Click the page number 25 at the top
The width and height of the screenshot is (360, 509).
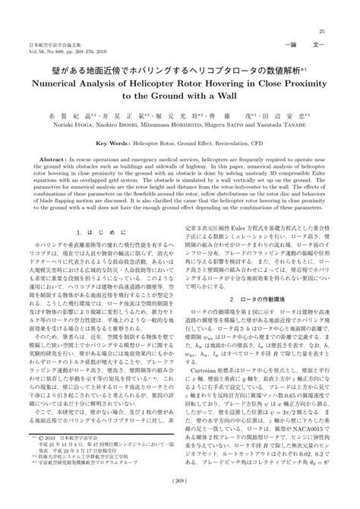coord(322,30)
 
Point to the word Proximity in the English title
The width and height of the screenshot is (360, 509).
coord(301,84)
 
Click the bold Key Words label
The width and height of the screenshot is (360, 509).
coord(116,142)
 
